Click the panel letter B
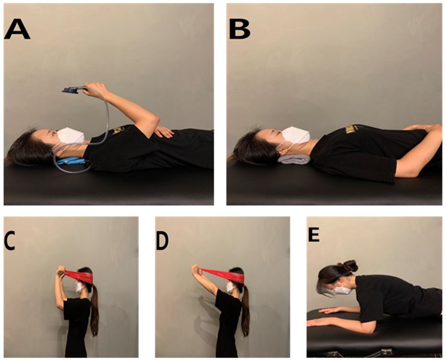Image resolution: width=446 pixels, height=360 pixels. tap(240, 29)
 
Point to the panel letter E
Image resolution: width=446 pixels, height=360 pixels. tap(314, 235)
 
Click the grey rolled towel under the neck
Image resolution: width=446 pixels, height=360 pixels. tap(294, 160)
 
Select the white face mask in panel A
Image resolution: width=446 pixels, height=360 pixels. tap(70, 136)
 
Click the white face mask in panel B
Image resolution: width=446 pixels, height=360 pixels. tap(296, 135)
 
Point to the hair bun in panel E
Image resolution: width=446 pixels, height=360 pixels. tap(350, 266)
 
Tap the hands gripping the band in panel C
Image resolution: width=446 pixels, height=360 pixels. tap(62, 271)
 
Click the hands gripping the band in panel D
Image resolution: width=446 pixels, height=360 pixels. tap(196, 269)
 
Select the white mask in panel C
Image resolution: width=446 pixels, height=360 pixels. tap(80, 287)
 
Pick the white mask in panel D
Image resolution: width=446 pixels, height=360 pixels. tap(230, 287)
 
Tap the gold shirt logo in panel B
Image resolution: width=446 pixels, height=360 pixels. tap(350, 130)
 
